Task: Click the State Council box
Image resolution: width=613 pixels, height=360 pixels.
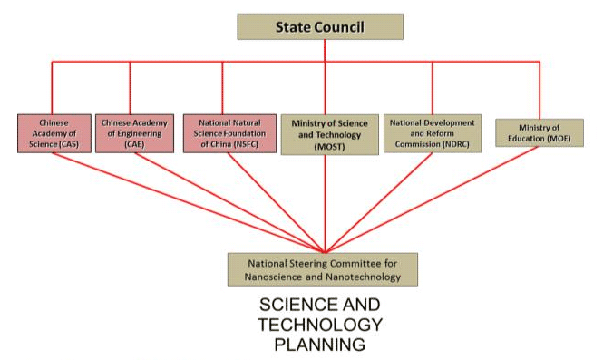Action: (320, 26)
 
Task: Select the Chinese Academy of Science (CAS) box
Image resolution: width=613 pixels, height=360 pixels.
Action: (54, 132)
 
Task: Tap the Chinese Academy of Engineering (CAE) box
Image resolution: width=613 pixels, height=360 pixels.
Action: (131, 132)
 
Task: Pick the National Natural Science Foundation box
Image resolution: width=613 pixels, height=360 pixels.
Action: (229, 132)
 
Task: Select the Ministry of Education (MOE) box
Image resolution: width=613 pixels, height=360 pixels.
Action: (540, 132)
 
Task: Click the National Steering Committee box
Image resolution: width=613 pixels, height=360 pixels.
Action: (323, 268)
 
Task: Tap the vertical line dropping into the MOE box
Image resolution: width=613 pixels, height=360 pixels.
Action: (540, 90)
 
